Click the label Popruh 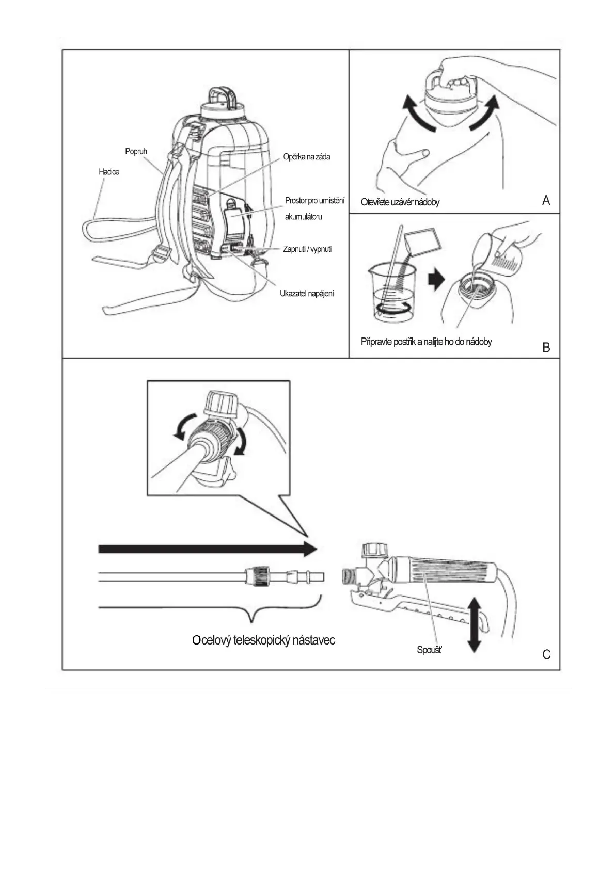(136, 151)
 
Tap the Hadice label (109, 172)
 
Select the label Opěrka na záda (306, 157)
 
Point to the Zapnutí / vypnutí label (307, 249)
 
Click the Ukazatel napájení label (307, 294)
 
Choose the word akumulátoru (304, 217)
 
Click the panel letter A (546, 200)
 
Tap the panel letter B (546, 347)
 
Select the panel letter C (546, 655)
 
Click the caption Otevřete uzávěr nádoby (400, 202)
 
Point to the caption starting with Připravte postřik (426, 342)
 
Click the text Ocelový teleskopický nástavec (263, 640)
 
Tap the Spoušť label (429, 650)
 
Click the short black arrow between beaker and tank (436, 279)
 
